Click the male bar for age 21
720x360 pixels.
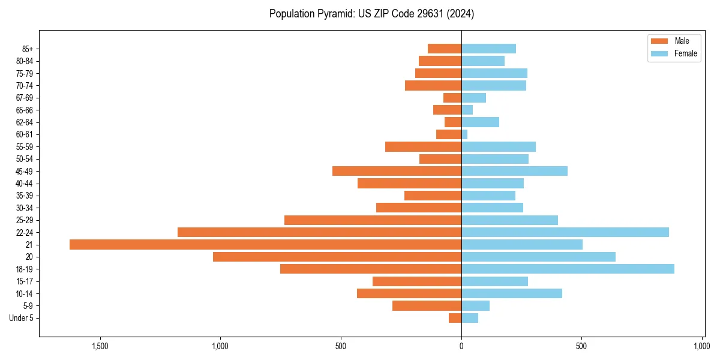[265, 244]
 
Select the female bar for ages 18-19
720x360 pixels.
[568, 269]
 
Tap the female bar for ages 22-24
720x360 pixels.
[565, 232]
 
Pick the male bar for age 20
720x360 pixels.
[337, 257]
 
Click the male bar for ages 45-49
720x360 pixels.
[397, 171]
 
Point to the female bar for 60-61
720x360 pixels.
[464, 134]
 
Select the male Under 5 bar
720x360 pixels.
[455, 318]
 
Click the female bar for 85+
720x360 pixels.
[488, 49]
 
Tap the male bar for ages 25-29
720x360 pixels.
[373, 220]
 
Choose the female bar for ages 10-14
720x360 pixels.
[512, 293]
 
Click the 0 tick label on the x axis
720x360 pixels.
[461, 346]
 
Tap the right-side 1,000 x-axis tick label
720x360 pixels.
[702, 346]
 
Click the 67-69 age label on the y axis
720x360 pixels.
[25, 98]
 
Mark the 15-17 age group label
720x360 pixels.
[25, 281]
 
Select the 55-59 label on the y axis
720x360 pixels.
[25, 147]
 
